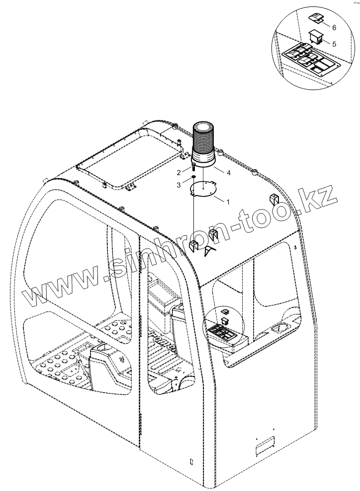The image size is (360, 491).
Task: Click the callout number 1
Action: (x=227, y=202)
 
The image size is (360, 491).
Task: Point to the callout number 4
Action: (x=229, y=173)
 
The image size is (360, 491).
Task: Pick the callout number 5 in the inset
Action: (x=334, y=44)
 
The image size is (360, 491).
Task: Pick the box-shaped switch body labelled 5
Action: (x=316, y=36)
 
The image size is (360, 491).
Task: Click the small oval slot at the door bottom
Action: (x=191, y=462)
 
